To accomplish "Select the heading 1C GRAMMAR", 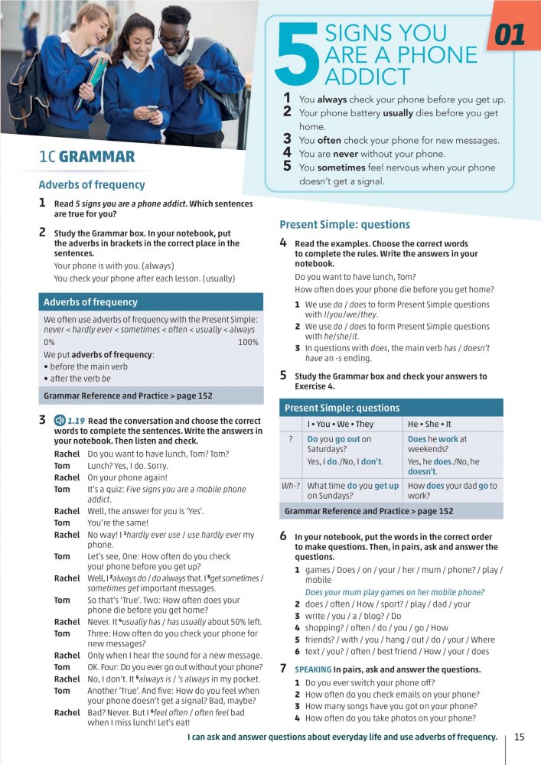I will pyautogui.click(x=86, y=158).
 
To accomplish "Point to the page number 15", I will pyautogui.click(x=519, y=737).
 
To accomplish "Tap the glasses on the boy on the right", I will pyautogui.click(x=173, y=38).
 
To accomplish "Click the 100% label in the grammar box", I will pyautogui.click(x=248, y=342).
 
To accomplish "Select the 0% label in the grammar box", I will pyautogui.click(x=49, y=342).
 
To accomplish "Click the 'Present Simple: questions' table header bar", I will pyautogui.click(x=391, y=408).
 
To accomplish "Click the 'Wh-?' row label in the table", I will pyautogui.click(x=290, y=485).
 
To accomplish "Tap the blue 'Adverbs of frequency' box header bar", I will pyautogui.click(x=151, y=302).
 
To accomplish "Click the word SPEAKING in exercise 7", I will pyautogui.click(x=312, y=669).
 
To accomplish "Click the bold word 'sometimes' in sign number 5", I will pyautogui.click(x=343, y=168).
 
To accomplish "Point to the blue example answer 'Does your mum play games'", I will pyautogui.click(x=394, y=592).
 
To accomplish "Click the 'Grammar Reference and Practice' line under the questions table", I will pyautogui.click(x=368, y=511).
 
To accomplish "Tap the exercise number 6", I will pyautogui.click(x=283, y=537).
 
